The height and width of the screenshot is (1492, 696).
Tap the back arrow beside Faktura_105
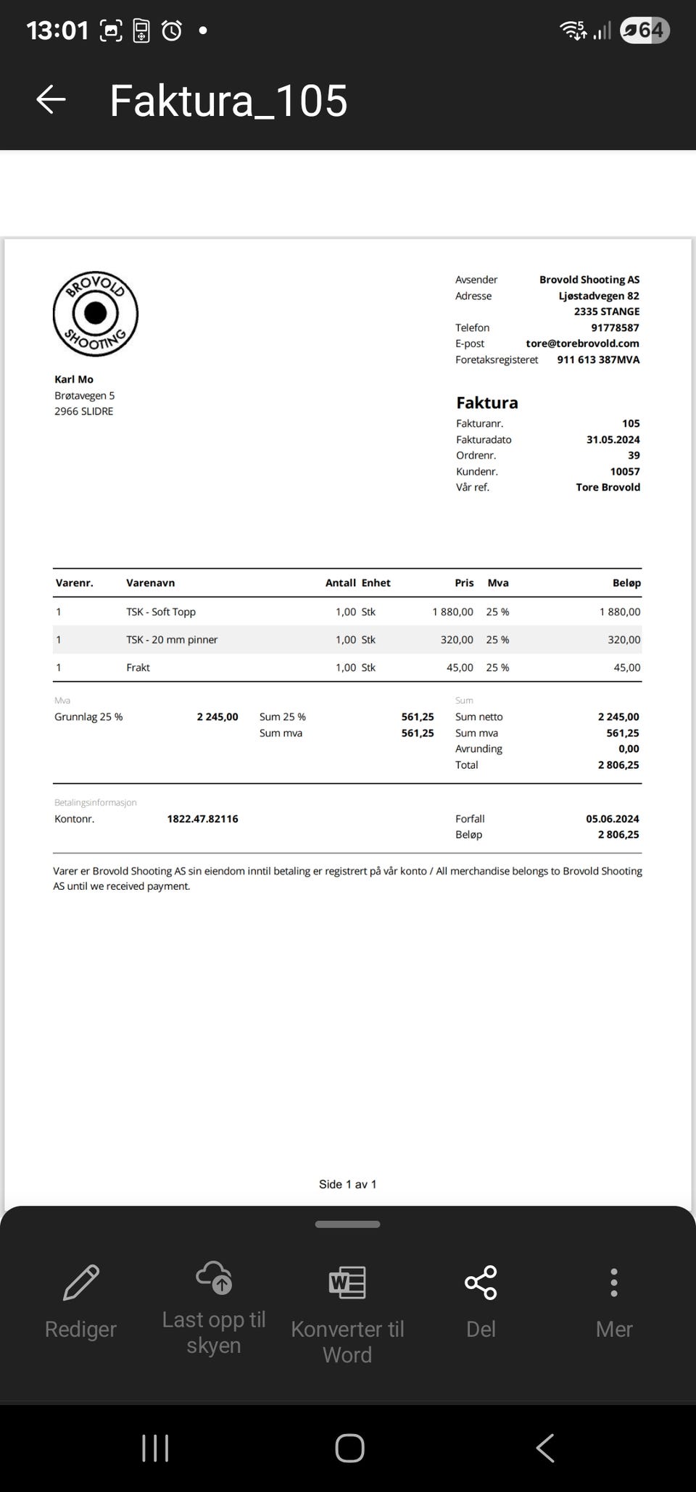coord(51,100)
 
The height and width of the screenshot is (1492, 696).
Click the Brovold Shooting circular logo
coord(96,314)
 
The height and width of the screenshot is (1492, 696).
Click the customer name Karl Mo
coord(74,379)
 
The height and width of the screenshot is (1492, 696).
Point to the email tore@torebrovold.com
coord(582,343)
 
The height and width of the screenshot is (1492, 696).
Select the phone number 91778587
coord(615,328)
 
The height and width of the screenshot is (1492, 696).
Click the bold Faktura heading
coord(487,403)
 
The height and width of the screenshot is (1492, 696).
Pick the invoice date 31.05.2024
coord(613,439)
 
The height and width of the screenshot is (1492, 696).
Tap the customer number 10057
coord(624,471)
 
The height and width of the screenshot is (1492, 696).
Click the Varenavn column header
coord(150,583)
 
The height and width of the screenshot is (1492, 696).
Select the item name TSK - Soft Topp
coord(161,612)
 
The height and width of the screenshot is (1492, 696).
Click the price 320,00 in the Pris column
coord(457,640)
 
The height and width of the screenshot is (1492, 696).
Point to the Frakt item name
coord(138,667)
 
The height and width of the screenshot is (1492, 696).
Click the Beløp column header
coord(626,583)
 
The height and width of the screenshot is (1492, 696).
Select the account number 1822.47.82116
coord(202,819)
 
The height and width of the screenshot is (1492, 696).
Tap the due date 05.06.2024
coord(613,819)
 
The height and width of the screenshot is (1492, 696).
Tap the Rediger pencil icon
coord(81,1282)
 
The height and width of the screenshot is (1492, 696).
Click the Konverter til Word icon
coord(347,1282)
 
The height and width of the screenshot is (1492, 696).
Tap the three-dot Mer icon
coord(614,1282)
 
